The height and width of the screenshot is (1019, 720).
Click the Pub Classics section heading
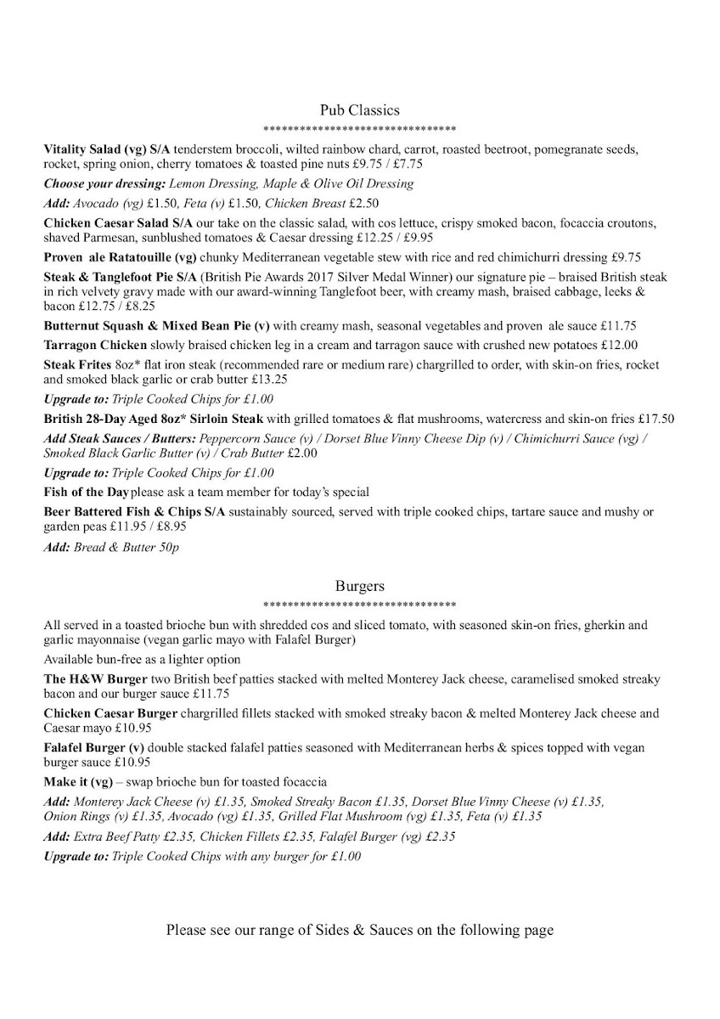click(359, 110)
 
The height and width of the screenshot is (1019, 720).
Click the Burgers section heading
click(359, 586)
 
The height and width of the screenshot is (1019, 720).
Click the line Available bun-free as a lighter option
click(142, 660)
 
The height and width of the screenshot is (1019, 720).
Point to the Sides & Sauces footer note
click(359, 930)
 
